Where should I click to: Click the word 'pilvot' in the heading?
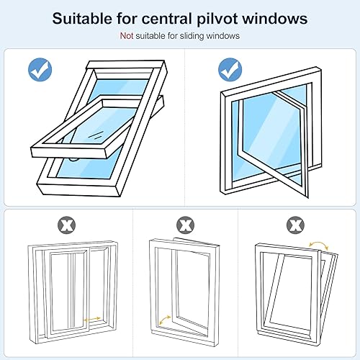(217, 19)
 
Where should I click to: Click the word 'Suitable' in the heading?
(82, 18)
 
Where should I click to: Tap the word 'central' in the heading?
(167, 19)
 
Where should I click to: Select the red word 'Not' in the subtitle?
(127, 36)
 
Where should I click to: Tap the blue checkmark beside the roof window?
(40, 69)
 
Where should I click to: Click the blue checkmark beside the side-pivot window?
(230, 70)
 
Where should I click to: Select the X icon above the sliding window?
(66, 225)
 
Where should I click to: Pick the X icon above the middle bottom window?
(185, 225)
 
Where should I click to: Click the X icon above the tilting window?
(295, 225)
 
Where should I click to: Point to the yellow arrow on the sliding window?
(92, 319)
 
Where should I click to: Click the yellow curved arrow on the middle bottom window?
(164, 320)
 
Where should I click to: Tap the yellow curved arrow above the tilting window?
(318, 244)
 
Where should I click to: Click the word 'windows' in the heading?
(275, 19)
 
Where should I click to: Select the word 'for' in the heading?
(127, 19)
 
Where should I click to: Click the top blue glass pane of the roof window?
(120, 89)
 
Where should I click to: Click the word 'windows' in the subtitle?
(223, 36)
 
